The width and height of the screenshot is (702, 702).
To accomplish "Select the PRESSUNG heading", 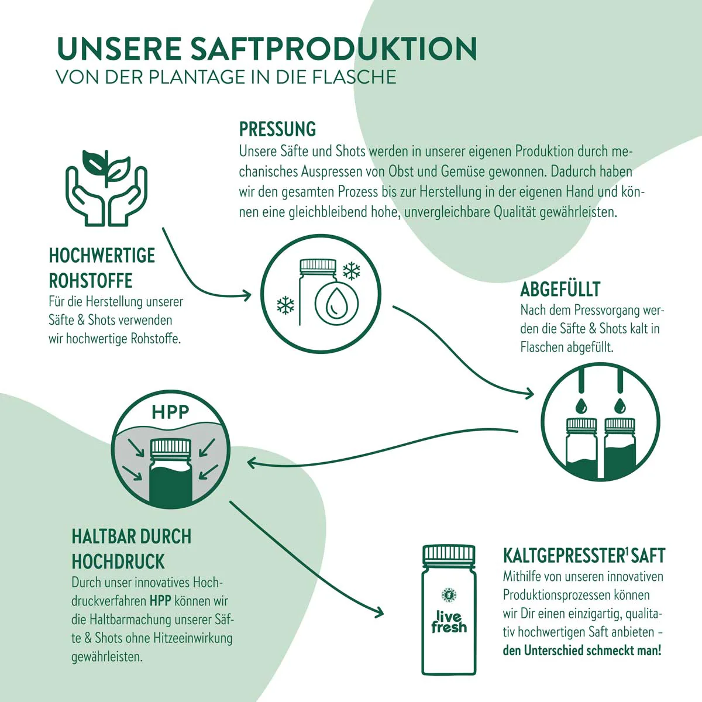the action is point(278,129).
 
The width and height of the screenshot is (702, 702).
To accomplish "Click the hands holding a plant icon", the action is point(106,188).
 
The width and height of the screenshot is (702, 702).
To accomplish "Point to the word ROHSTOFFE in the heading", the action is point(90,281).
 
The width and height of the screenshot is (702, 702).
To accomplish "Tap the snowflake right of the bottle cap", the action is point(352,271).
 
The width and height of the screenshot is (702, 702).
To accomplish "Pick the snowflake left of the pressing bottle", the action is point(285,305).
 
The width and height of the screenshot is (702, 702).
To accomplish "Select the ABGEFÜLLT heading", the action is point(560,290).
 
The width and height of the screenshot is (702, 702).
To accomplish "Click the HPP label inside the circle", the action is point(170,412).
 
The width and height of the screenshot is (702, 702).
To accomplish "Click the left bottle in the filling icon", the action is point(581,448).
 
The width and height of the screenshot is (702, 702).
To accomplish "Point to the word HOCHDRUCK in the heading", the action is point(118,562).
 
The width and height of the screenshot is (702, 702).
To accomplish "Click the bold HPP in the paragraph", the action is point(160,601).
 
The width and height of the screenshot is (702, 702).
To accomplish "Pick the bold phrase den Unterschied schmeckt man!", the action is point(581,651).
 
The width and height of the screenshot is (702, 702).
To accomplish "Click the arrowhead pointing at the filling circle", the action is point(529,393).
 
